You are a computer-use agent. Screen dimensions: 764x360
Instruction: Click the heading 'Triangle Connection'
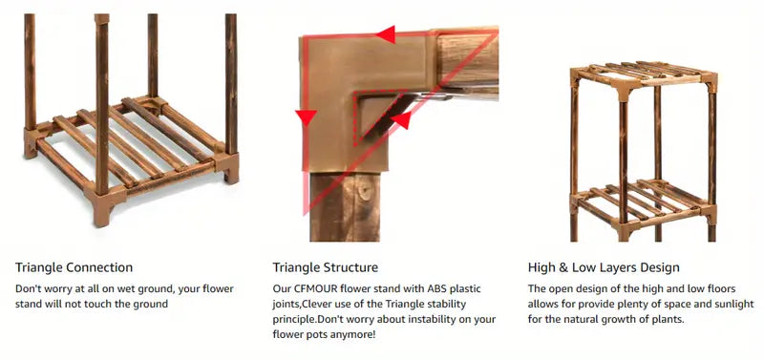coord(74,267)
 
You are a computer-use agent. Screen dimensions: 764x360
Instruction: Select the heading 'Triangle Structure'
coord(325,267)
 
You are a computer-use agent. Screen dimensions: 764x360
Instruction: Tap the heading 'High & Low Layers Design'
coord(604,267)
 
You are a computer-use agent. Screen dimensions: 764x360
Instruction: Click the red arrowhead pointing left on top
coord(386,34)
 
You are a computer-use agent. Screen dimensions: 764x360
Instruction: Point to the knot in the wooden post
coord(363,191)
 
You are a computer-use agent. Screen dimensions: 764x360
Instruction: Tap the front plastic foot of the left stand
coord(101,207)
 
